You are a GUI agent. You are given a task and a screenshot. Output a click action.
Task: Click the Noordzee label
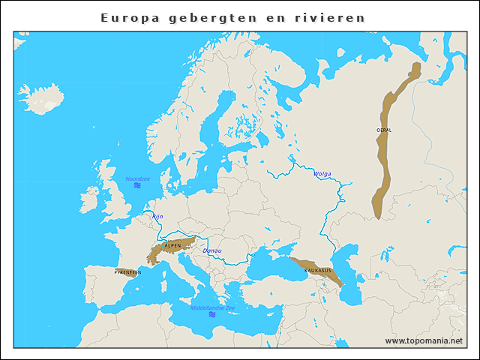[x=137, y=178]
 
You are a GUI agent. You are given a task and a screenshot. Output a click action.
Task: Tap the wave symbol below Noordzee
[x=137, y=186]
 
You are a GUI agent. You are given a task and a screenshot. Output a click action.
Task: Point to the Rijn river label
[x=157, y=216]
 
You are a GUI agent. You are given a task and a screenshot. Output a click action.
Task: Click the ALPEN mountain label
[x=172, y=245]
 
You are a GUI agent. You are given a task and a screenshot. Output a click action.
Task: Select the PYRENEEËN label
[x=127, y=272]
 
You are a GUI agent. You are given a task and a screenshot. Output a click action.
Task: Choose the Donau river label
[x=212, y=250]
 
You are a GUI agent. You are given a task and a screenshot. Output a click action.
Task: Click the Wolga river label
[x=322, y=173]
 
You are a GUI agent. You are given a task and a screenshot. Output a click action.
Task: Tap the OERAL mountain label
[x=383, y=130]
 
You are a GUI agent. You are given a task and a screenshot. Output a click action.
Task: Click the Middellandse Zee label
[x=212, y=307]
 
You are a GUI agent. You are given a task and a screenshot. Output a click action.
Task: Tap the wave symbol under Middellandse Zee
[x=212, y=315]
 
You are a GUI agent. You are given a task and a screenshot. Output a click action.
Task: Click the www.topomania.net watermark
[x=423, y=340]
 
